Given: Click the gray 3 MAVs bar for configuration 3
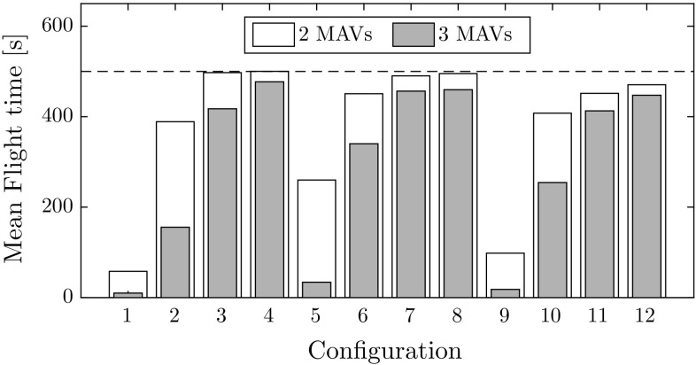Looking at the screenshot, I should (x=222, y=203).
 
